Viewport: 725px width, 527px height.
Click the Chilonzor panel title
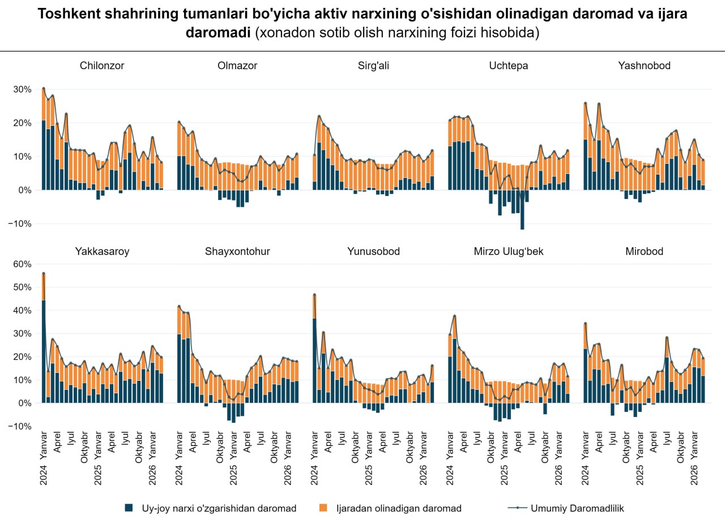[x=102, y=66]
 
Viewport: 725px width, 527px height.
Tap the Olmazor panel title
[x=237, y=66]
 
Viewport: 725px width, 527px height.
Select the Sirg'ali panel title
[x=373, y=66]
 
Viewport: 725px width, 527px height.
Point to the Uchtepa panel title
[x=509, y=66]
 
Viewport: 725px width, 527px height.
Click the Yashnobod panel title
[x=645, y=66]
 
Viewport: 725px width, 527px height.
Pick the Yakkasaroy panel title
[x=102, y=252]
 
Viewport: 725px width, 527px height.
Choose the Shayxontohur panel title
[x=237, y=252]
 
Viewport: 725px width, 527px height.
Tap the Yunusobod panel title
[x=373, y=252]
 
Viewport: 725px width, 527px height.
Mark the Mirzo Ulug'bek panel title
[x=509, y=252]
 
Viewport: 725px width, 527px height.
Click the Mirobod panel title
[x=645, y=252]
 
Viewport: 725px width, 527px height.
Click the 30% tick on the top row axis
[x=22, y=90]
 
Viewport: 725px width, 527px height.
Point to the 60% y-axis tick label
[x=22, y=264]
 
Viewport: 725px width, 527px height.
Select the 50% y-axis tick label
[x=22, y=287]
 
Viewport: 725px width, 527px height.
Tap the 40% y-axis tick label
[x=22, y=311]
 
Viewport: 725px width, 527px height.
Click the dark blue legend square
[x=129, y=508]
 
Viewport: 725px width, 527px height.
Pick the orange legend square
[x=323, y=508]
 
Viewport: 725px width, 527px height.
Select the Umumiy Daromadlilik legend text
[x=577, y=508]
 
